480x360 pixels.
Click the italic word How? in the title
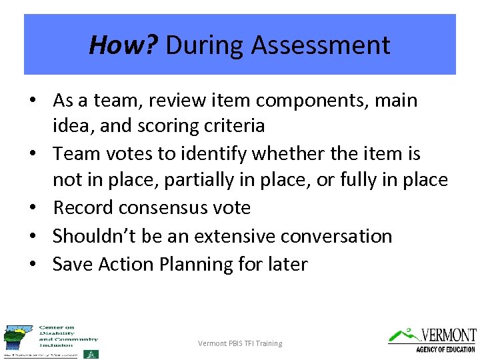coord(123,45)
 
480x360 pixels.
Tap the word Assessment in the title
coord(321,45)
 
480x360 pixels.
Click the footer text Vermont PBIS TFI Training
coord(240,343)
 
